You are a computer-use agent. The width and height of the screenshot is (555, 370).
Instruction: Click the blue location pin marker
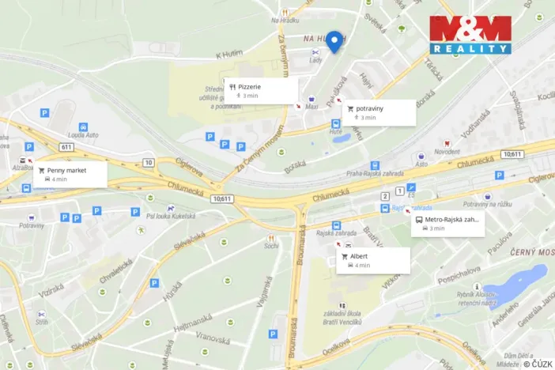pos(334,40)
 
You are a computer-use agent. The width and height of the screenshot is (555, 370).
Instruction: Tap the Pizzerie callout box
pos(260,90)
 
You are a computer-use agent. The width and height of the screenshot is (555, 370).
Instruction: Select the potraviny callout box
pos(378,112)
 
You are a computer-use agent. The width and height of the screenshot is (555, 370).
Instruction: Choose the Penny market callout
pos(70,174)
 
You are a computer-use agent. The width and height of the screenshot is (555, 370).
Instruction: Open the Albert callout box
pos(373,260)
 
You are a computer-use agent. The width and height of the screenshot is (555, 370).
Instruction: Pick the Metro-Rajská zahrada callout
pos(447,224)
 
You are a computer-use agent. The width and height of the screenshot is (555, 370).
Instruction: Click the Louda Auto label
pos(83,135)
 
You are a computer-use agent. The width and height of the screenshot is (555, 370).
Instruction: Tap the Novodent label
pos(447,151)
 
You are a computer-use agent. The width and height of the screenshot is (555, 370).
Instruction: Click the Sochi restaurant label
pos(271,245)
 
